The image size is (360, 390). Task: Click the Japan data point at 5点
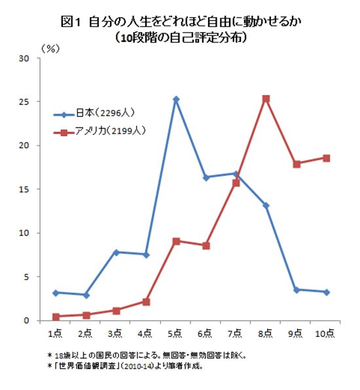coord(176,99)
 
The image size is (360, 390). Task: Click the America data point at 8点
coord(266,99)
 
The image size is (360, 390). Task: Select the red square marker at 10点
coord(326,158)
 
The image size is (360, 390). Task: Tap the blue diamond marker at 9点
coord(296,289)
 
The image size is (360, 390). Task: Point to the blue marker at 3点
coord(116,252)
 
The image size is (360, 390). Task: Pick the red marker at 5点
coord(176,241)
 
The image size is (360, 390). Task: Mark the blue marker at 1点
coord(56,292)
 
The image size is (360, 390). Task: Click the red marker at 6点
coord(206,245)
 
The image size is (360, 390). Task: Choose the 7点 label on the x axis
coord(236,334)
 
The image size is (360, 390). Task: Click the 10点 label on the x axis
coord(325,334)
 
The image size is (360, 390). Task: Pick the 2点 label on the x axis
coord(86,334)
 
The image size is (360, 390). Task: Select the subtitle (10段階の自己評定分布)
coord(180,37)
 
